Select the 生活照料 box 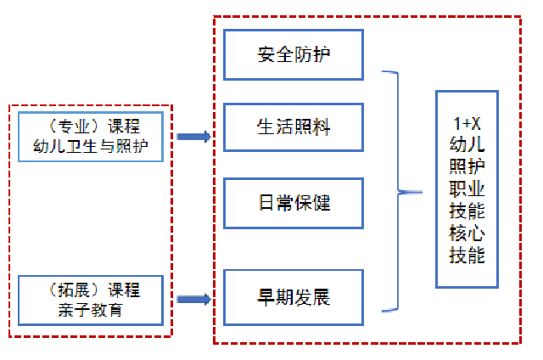294,127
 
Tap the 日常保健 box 294,203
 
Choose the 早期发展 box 294,297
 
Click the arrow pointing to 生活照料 193,136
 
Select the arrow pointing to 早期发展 193,299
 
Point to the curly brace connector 399,192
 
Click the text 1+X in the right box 467,124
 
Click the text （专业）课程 90,127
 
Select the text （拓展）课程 90,290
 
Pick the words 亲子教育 90,309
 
